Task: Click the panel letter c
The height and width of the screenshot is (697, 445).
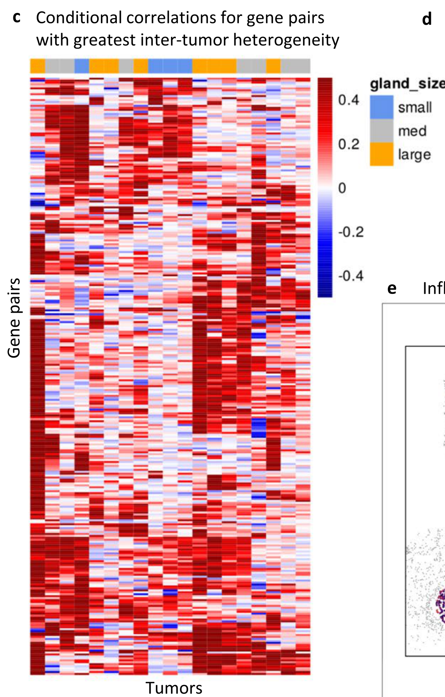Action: pos(16,18)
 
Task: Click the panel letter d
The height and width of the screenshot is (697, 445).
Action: pos(427,19)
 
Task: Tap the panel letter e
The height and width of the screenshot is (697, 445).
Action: pos(392,289)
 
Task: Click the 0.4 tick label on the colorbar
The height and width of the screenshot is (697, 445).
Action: pos(349,100)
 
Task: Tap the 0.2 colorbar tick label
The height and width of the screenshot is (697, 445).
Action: pos(349,144)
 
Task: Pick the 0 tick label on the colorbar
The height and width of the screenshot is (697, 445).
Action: pos(342,188)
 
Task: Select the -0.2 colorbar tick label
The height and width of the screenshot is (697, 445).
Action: pos(351,232)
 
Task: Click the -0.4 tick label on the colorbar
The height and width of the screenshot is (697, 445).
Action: pos(351,276)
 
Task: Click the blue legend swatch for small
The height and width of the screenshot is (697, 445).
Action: pos(381,107)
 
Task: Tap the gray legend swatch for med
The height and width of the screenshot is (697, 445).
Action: pos(381,131)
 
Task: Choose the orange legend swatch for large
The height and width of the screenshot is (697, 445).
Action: pos(381,154)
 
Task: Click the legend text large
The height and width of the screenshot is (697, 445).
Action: pos(415,155)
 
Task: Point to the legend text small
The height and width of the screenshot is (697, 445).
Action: pos(415,107)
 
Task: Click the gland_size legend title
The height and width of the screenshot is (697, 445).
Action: pos(407,84)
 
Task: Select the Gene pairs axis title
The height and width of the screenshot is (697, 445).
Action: pos(14,318)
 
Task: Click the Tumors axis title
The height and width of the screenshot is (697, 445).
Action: pos(174,688)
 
